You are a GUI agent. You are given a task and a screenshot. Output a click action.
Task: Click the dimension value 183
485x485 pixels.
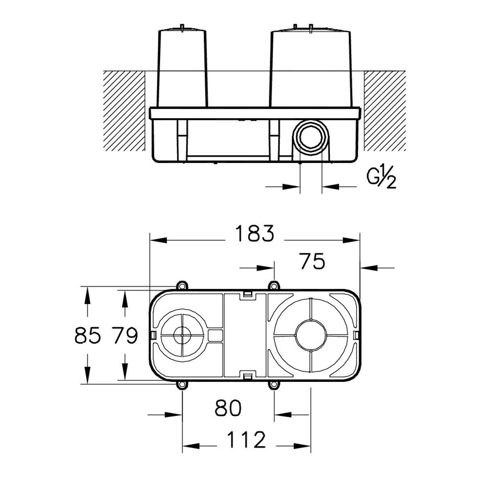click(255, 233)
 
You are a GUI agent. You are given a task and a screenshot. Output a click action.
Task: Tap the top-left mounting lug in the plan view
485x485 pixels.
click(182, 286)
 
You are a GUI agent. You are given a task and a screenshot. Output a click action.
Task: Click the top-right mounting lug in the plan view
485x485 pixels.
click(274, 286)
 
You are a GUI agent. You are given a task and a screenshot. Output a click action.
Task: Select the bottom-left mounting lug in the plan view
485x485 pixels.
click(182, 385)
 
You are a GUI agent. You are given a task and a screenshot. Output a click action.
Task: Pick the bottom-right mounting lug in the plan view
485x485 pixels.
click(274, 385)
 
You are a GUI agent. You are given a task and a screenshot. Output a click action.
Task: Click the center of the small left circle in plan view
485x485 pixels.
click(182, 335)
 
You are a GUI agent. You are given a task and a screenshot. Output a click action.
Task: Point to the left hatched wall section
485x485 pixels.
click(124, 111)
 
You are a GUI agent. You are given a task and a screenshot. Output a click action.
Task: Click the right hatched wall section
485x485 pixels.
click(385, 111)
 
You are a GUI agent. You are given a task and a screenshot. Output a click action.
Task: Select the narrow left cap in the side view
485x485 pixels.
click(182, 68)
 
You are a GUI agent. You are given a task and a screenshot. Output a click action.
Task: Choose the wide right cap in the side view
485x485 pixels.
click(310, 68)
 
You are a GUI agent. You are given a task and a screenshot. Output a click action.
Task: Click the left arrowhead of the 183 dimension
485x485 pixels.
click(158, 240)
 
